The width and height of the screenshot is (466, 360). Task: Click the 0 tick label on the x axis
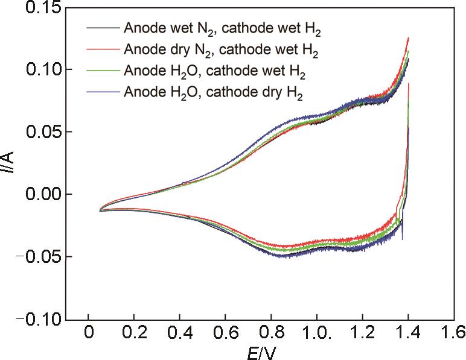tap(89, 332)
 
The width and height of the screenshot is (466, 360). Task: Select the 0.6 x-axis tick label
tap(225, 332)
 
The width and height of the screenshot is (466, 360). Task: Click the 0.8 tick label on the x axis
tap(270, 332)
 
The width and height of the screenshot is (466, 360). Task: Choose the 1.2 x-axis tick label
tap(362, 332)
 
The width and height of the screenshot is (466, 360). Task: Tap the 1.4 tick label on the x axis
tap(408, 332)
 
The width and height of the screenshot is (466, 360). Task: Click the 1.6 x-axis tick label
tap(453, 332)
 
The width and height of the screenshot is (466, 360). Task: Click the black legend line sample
tap(103, 28)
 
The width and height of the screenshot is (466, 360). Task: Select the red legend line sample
tap(103, 50)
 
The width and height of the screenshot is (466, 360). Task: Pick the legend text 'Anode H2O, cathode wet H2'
tap(214, 72)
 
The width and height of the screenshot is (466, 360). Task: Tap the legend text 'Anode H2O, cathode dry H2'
tap(213, 93)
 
